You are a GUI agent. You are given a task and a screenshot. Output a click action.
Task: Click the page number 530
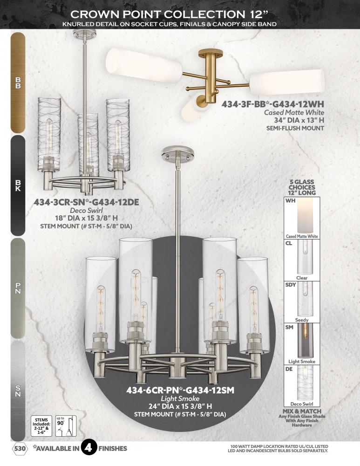click(20, 448)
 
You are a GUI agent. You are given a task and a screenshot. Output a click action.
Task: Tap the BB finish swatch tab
click(18, 82)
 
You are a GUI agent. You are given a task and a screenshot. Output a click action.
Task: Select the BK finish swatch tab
click(18, 185)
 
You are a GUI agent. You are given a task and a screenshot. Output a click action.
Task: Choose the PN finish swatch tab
click(18, 288)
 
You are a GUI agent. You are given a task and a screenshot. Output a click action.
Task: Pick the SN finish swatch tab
click(18, 391)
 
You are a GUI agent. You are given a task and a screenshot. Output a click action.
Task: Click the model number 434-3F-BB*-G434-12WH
click(272, 104)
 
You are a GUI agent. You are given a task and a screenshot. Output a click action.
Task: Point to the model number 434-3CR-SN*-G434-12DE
click(86, 202)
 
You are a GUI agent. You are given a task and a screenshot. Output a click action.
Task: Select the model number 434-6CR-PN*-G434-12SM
click(180, 390)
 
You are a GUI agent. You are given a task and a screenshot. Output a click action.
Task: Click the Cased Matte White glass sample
click(301, 218)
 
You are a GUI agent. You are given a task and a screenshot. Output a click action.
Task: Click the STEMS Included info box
click(41, 426)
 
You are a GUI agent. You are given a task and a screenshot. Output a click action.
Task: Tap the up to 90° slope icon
click(66, 426)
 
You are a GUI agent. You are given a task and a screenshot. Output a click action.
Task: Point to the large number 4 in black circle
click(88, 447)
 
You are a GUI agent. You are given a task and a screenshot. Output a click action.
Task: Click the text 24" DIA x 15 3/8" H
click(180, 406)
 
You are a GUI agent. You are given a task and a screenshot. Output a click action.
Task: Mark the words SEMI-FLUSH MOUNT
click(295, 129)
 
